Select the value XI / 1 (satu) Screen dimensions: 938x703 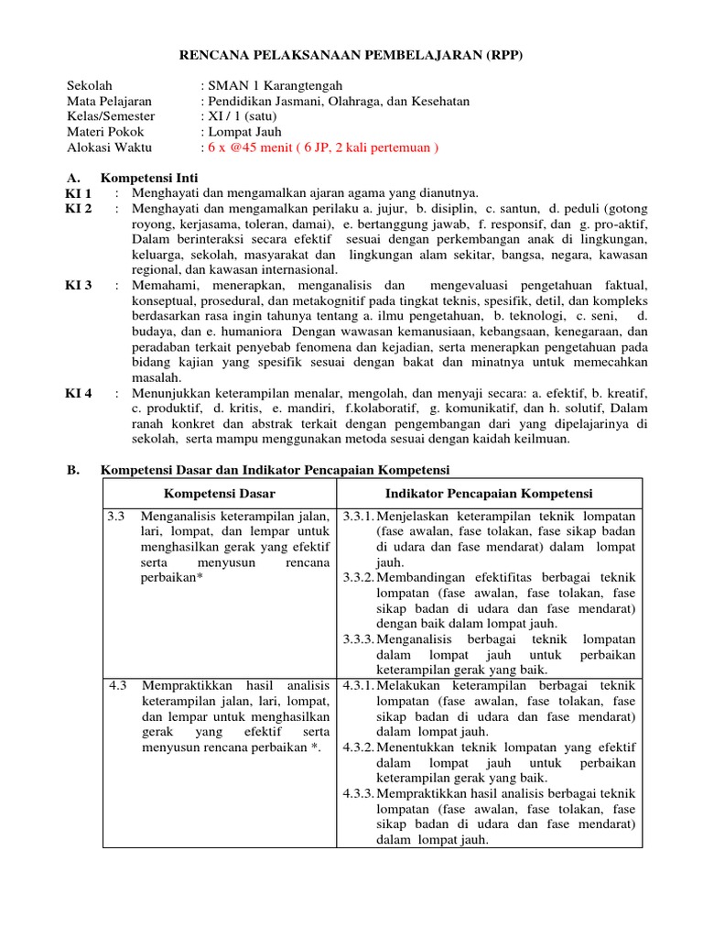pyautogui.click(x=242, y=116)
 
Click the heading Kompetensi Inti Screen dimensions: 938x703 pyautogui.click(x=149, y=177)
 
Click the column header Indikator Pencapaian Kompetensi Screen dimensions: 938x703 pyautogui.click(x=489, y=494)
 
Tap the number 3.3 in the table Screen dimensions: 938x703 pyautogui.click(x=115, y=517)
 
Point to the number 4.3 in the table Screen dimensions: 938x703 pyautogui.click(x=115, y=686)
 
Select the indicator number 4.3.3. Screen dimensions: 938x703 pyautogui.click(x=358, y=793)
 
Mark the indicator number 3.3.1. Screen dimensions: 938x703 pyautogui.click(x=358, y=517)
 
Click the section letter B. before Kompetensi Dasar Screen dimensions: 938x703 pyautogui.click(x=73, y=470)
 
